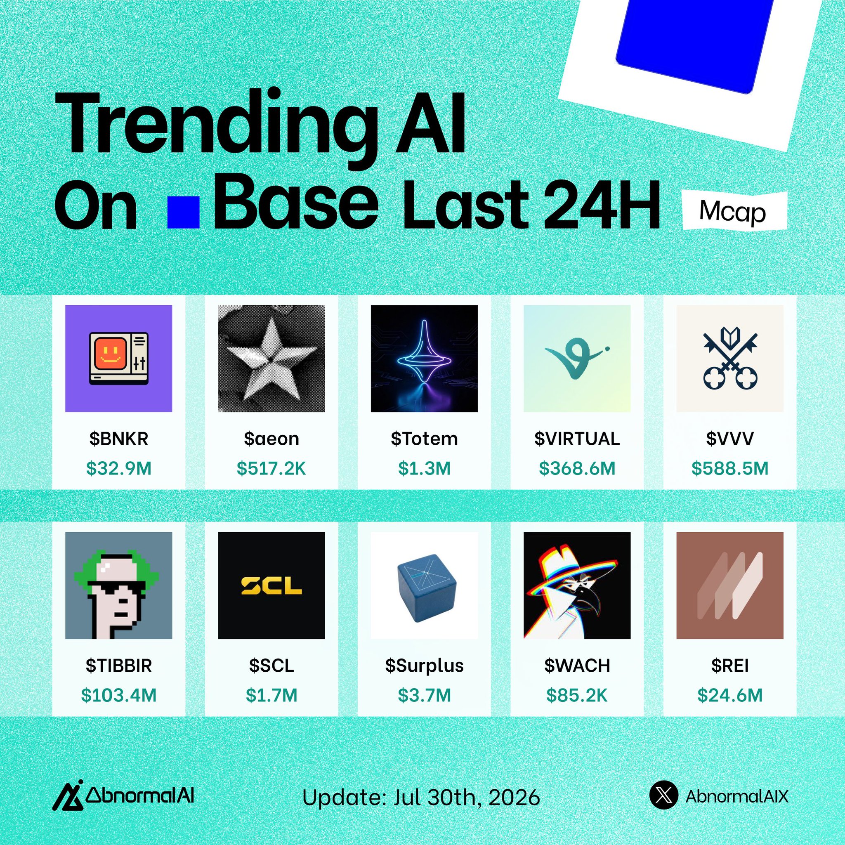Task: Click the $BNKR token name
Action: [x=118, y=439]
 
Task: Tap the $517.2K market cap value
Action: [x=271, y=468]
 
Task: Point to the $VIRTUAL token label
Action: [x=577, y=439]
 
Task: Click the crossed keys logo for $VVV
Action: [x=730, y=358]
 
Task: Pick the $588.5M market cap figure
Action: [x=730, y=468]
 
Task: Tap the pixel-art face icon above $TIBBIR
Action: [x=118, y=585]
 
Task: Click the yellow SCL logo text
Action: [x=271, y=585]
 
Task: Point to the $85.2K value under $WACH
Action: [x=577, y=695]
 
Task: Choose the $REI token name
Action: [x=730, y=665]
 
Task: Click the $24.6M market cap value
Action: [x=730, y=695]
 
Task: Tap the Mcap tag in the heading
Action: [x=733, y=212]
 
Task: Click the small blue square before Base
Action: [x=184, y=212]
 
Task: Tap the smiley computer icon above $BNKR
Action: [x=118, y=358]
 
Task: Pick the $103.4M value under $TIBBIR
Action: [x=118, y=695]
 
